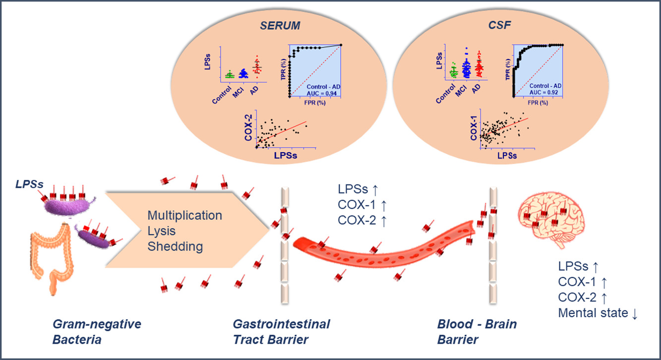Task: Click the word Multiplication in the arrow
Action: [x=184, y=216]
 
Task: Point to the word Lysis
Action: [x=161, y=231]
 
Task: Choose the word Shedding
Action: [x=175, y=246]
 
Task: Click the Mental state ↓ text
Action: [x=597, y=313]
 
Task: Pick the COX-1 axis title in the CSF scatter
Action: [x=474, y=130]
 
